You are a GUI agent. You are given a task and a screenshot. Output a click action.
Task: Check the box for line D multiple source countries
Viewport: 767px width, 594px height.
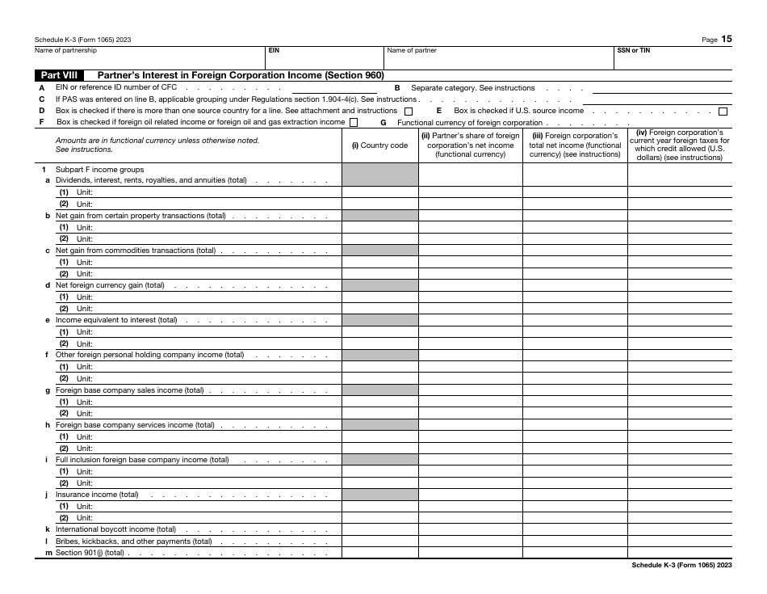(409, 111)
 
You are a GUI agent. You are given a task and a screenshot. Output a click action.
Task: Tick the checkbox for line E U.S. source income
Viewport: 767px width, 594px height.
(723, 111)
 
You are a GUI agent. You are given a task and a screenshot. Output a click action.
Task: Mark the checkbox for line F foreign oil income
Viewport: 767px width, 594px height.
(354, 122)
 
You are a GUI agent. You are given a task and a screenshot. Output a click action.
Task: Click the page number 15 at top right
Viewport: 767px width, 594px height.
(727, 39)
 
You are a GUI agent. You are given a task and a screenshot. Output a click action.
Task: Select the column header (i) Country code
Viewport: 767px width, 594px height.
(379, 145)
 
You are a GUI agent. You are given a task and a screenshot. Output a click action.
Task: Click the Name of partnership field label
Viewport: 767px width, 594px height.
(65, 50)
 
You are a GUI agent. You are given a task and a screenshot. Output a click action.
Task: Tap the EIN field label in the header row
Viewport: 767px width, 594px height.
(274, 50)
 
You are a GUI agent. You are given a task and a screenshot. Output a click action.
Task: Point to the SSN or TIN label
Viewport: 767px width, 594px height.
(634, 50)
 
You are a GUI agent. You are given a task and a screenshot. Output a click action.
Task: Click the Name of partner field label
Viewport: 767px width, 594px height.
(412, 50)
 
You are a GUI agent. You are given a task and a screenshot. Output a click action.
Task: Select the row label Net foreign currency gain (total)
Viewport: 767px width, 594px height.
(110, 285)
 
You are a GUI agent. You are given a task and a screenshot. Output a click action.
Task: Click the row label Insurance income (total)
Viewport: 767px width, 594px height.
(97, 495)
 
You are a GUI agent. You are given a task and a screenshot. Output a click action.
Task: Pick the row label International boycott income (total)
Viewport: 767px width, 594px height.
(115, 529)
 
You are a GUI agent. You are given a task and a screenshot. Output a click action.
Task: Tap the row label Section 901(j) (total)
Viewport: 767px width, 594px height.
(90, 553)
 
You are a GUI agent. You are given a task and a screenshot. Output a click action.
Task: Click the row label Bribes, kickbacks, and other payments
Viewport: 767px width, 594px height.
(133, 541)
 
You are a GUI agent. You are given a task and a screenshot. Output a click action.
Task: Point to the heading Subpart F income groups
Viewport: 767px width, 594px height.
(99, 169)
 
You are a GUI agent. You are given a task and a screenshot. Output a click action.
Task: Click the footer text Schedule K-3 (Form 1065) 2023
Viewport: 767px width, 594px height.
(682, 566)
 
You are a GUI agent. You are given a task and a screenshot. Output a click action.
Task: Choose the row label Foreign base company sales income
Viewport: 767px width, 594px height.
(129, 390)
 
